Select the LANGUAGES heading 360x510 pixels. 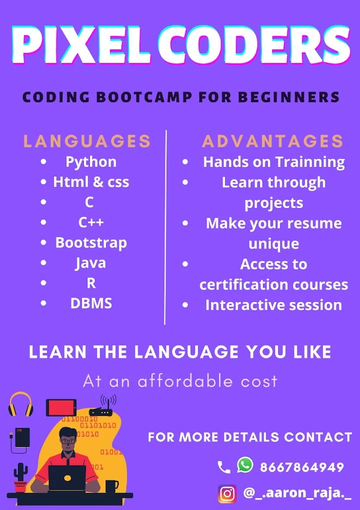click(87, 141)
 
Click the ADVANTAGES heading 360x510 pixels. click(273, 141)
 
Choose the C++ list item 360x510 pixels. click(91, 222)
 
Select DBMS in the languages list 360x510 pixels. click(91, 303)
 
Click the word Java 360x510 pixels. click(90, 263)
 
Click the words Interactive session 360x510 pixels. click(273, 305)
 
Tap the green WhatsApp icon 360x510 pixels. click(245, 464)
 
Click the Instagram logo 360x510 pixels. click(227, 493)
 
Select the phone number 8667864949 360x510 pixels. click(302, 467)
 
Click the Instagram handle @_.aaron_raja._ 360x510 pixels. click(297, 493)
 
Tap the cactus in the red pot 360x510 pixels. click(20, 477)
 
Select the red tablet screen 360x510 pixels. click(61, 407)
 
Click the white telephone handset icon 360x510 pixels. click(223, 467)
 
